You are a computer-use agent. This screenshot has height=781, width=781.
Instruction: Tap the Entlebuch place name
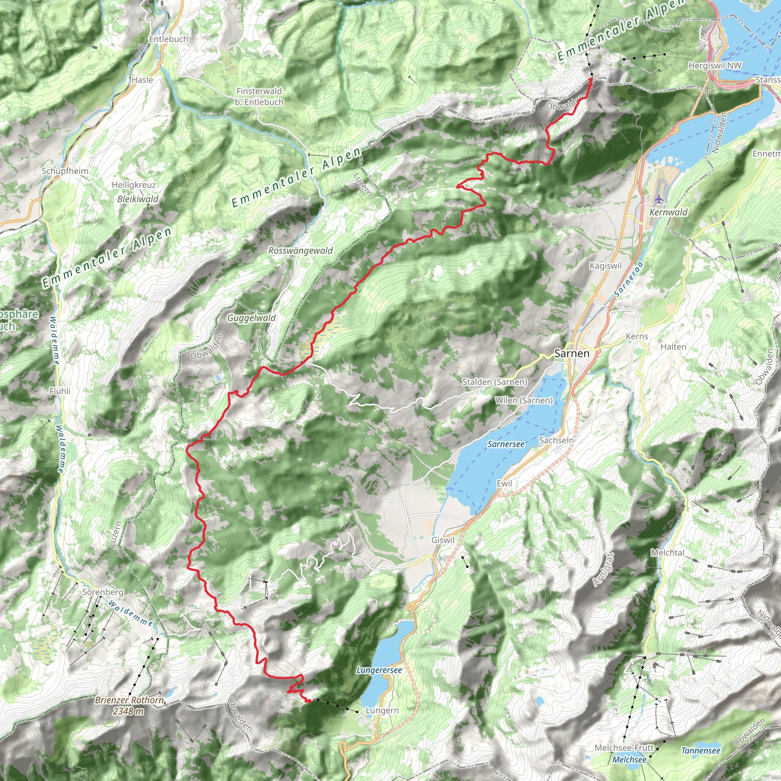(x=169, y=39)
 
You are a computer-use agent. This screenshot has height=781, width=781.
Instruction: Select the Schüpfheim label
(x=65, y=171)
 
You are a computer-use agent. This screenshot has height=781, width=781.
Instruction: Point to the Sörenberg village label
(x=103, y=592)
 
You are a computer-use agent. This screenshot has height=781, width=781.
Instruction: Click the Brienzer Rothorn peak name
(x=129, y=700)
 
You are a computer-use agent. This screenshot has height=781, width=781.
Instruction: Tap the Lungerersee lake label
(x=379, y=670)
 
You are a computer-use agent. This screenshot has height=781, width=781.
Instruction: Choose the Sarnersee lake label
(x=506, y=444)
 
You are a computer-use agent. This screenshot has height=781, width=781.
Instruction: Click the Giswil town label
(x=443, y=540)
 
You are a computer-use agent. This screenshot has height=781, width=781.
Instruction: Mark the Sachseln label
(x=556, y=440)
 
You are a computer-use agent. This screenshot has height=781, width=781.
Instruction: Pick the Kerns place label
(x=637, y=336)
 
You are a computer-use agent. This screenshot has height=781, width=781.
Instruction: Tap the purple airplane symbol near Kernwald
(x=659, y=199)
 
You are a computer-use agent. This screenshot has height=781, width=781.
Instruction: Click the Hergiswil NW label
(x=715, y=66)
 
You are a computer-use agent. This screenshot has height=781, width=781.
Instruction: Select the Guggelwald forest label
(x=251, y=318)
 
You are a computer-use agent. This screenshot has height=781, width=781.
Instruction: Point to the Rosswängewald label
(x=301, y=251)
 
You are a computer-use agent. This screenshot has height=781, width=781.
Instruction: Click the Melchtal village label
(x=667, y=553)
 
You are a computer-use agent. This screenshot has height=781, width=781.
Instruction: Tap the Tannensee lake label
(x=701, y=750)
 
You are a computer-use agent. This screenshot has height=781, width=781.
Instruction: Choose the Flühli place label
(x=60, y=391)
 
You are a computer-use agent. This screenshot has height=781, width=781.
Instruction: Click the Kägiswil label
(x=605, y=266)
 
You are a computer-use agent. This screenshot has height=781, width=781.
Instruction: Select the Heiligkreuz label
(x=133, y=185)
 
